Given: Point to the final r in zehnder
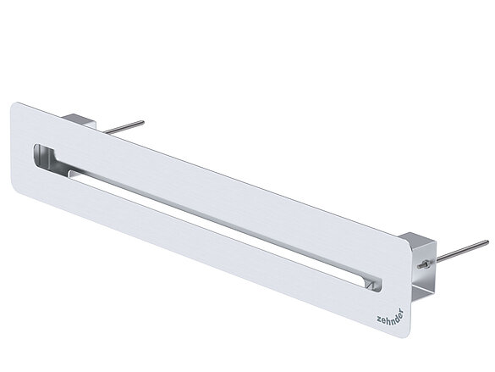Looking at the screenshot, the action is [402, 311].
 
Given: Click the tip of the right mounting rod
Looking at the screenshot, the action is [487, 242].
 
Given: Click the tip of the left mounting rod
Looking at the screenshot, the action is [143, 122].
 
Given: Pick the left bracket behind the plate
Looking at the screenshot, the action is [79, 120].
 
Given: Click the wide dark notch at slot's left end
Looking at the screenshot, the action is [44, 155].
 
